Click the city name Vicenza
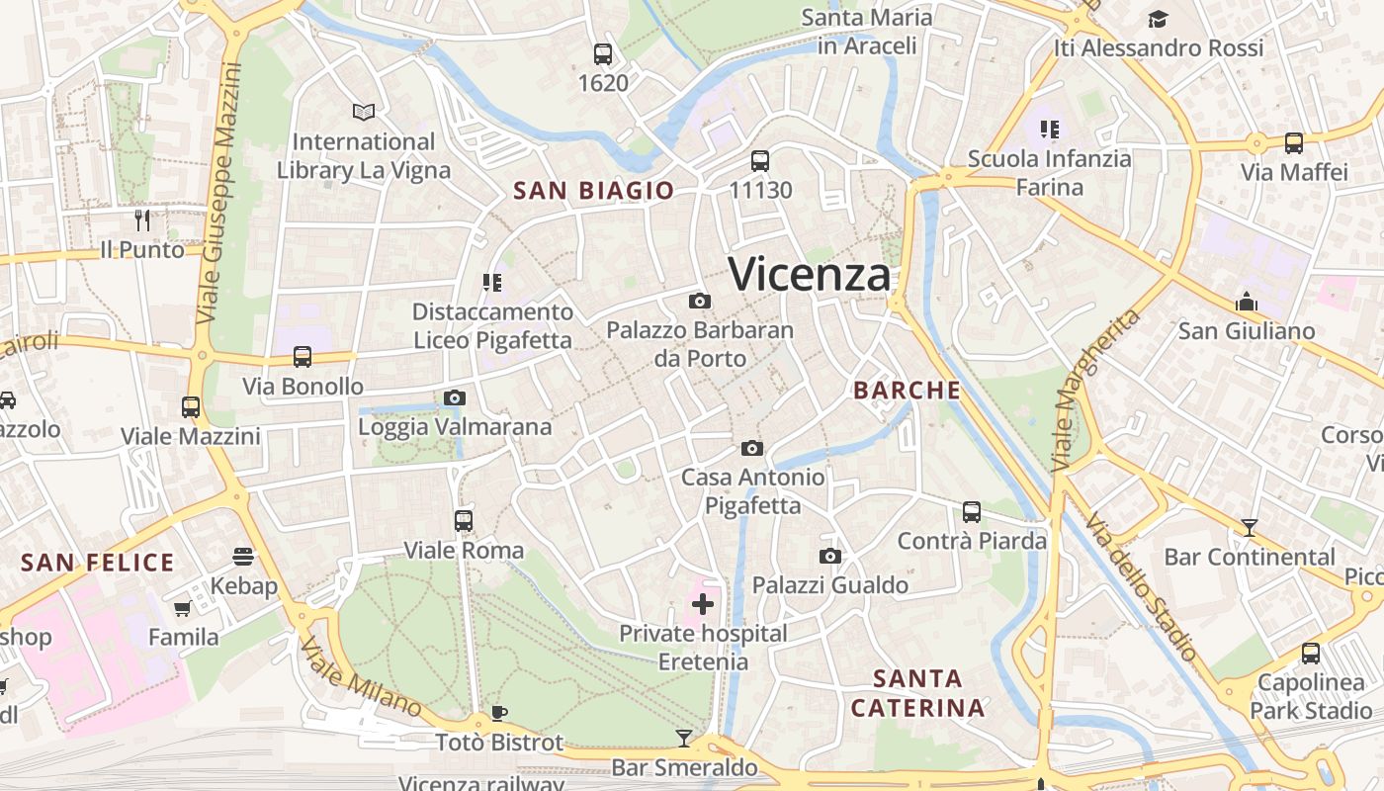(809, 274)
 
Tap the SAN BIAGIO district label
(593, 191)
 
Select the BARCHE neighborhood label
(907, 391)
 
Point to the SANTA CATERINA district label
(917, 693)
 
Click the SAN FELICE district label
(97, 564)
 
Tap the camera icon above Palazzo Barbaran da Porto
(700, 301)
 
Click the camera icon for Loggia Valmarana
(455, 397)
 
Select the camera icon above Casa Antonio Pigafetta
(752, 448)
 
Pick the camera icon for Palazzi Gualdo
(830, 556)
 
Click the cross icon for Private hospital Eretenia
(703, 603)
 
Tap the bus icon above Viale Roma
(464, 520)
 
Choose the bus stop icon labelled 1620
(603, 53)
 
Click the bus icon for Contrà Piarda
(972, 511)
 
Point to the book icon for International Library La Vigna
(364, 112)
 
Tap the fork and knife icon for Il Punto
(142, 220)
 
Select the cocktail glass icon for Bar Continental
(1250, 527)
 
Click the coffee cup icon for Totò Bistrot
(499, 713)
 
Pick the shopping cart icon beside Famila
(182, 608)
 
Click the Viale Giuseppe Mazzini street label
(219, 193)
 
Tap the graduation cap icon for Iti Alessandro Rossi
(1158, 19)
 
